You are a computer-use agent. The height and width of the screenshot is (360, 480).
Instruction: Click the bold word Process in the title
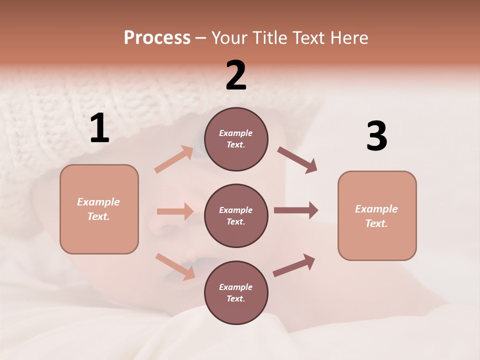pyautogui.click(x=157, y=38)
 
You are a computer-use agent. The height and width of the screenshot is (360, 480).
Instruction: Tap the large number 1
pyautogui.click(x=99, y=128)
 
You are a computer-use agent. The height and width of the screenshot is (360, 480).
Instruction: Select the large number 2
pyautogui.click(x=236, y=75)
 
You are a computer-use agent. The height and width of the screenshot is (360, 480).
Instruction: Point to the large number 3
pyautogui.click(x=376, y=136)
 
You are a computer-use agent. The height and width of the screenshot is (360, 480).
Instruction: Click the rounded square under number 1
pyautogui.click(x=99, y=209)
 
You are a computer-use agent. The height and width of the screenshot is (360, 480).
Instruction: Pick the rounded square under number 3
pyautogui.click(x=377, y=216)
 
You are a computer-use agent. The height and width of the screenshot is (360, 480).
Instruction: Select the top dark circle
pyautogui.click(x=236, y=139)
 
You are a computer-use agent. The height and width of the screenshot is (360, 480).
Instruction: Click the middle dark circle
pyautogui.click(x=236, y=216)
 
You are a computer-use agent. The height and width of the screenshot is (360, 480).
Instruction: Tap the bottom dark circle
pyautogui.click(x=236, y=293)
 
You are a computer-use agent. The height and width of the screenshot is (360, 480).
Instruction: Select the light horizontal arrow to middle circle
pyautogui.click(x=175, y=211)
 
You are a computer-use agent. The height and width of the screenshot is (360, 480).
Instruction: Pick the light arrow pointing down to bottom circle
pyautogui.click(x=175, y=266)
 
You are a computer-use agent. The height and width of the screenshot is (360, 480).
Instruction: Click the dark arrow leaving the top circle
pyautogui.click(x=297, y=160)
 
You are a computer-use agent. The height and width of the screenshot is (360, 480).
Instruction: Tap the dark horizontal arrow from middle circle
pyautogui.click(x=295, y=210)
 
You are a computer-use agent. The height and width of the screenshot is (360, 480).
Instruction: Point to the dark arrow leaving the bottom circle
pyautogui.click(x=294, y=265)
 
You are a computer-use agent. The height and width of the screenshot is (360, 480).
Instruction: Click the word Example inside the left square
pyautogui.click(x=98, y=202)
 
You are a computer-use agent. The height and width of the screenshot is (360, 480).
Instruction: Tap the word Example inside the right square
pyautogui.click(x=376, y=209)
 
